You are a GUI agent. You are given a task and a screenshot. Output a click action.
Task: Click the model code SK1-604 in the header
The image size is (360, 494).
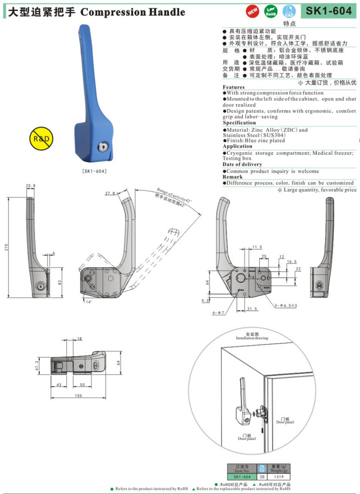coord(328,11)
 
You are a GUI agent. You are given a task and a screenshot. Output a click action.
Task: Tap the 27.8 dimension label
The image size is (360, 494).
coord(110,193)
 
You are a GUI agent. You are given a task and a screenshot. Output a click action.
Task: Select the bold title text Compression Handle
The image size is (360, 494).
coord(133,12)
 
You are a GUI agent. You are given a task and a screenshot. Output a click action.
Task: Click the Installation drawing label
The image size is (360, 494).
coord(252,339)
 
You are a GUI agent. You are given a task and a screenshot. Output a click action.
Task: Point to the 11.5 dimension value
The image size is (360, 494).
coord(257,247)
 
